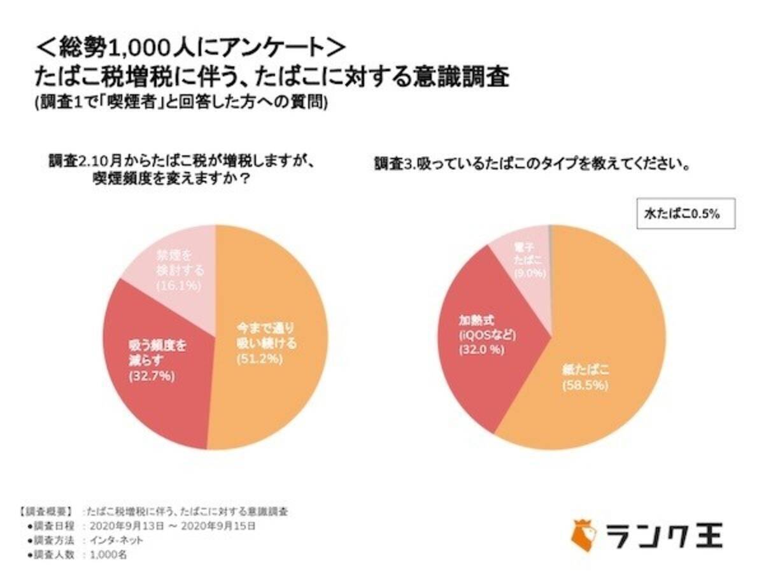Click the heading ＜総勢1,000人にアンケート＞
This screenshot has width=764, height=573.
pos(191,46)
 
